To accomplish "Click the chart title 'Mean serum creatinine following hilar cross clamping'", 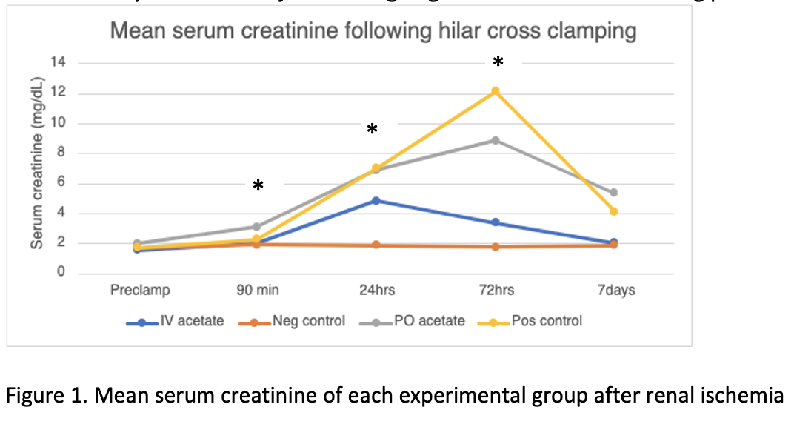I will tap(373, 31).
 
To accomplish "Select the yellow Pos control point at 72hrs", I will tap(496, 91).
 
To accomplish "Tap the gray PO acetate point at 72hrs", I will tap(496, 140).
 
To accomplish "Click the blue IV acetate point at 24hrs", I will tap(376, 200).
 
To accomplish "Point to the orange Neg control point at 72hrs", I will tap(496, 246).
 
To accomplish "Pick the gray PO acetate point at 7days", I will tap(613, 193).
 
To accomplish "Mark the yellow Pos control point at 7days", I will tap(613, 211).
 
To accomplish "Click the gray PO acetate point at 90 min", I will tap(257, 227).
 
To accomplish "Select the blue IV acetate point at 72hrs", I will tap(496, 222).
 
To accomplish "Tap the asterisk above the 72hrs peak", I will tap(498, 63).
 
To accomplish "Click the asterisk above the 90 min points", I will tap(258, 186).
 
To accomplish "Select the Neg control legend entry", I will tap(296, 321).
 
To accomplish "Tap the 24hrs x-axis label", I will tap(376, 290).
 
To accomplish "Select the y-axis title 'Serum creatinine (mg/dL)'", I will tap(37, 167).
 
